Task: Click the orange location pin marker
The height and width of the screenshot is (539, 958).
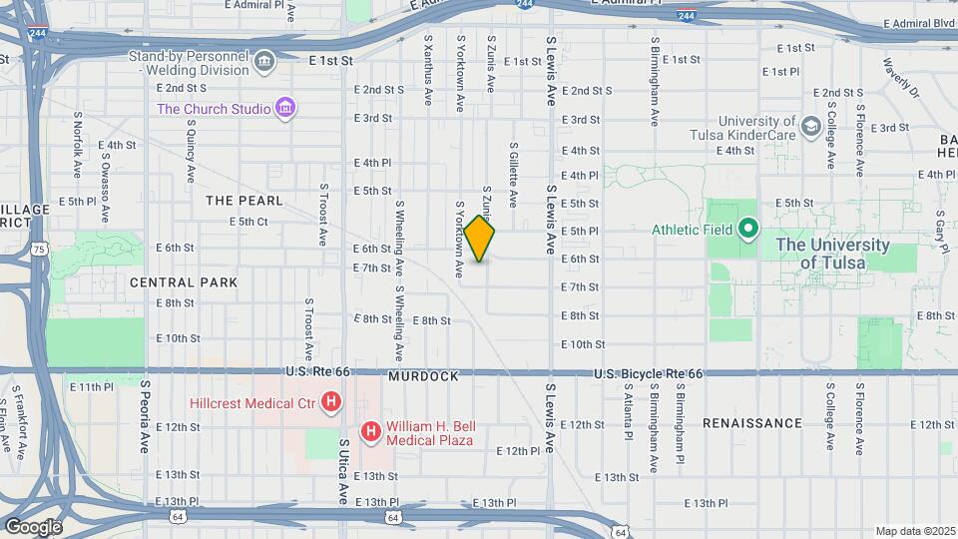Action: pyautogui.click(x=480, y=239)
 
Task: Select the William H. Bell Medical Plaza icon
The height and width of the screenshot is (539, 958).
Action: pyautogui.click(x=371, y=431)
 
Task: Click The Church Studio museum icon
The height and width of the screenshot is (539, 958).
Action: pyautogui.click(x=285, y=108)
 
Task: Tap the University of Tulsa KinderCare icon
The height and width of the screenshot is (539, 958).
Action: pyautogui.click(x=810, y=126)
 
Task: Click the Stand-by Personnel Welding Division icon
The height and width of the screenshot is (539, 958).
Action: pyautogui.click(x=264, y=62)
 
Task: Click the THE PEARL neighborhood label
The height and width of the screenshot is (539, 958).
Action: pyautogui.click(x=243, y=201)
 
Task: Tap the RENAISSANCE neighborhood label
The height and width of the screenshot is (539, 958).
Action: pyautogui.click(x=751, y=423)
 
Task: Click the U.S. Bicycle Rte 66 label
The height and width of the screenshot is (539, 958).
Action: pyautogui.click(x=648, y=373)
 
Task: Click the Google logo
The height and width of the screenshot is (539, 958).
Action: pyautogui.click(x=33, y=526)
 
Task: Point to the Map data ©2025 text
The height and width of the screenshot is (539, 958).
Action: pyautogui.click(x=914, y=531)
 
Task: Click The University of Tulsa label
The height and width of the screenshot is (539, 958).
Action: pyautogui.click(x=832, y=254)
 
